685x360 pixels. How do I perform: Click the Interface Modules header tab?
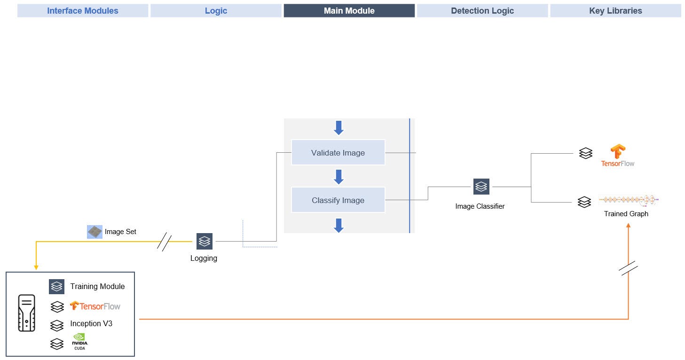point(83,11)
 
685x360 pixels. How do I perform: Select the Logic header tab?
point(216,11)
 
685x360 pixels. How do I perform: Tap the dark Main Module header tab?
point(349,11)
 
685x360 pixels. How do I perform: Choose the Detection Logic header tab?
point(482,11)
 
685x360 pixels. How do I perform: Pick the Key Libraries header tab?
point(615,11)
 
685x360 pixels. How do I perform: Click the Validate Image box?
point(338,152)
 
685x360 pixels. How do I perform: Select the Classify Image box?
point(338,200)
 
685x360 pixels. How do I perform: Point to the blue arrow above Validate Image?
point(339,127)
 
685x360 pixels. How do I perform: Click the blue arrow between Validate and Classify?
point(339,177)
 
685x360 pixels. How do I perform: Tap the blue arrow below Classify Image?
point(339,225)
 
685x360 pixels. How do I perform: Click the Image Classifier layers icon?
point(481,187)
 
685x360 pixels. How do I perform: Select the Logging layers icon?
point(204,241)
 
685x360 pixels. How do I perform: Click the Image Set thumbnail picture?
point(94,232)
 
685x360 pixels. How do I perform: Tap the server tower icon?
point(26,313)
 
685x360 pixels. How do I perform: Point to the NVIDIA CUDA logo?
point(80,341)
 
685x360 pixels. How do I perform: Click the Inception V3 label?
point(91,323)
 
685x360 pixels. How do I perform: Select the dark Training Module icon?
point(56,286)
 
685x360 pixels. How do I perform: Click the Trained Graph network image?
point(629,200)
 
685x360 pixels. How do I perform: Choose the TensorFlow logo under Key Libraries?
point(618,156)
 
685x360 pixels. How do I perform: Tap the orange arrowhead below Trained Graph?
point(628,226)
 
